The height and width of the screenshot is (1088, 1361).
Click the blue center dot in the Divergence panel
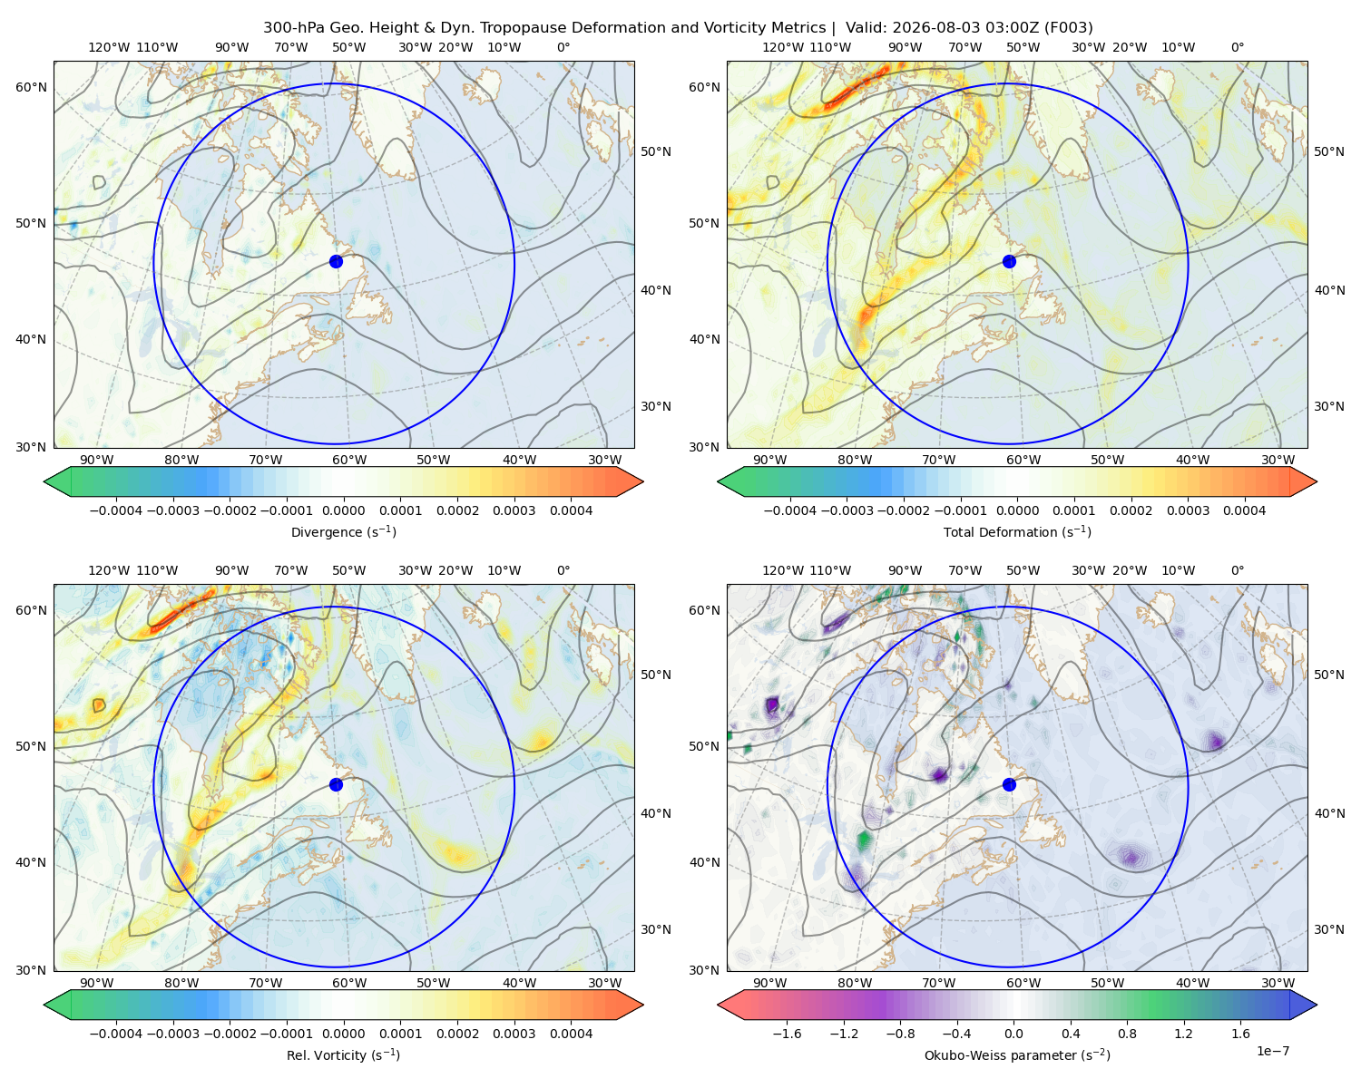336,262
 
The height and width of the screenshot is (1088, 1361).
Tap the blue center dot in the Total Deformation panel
1009,262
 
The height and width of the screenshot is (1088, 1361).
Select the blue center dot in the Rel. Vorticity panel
336,784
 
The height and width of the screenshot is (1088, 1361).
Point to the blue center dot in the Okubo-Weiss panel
1009,784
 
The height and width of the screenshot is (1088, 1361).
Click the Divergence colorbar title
343,532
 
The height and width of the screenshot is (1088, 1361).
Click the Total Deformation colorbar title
1017,532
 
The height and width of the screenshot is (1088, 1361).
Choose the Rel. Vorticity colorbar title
343,1055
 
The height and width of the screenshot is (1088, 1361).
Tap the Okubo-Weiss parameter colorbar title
1017,1055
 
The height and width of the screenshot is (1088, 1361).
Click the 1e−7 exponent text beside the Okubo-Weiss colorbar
1272,1052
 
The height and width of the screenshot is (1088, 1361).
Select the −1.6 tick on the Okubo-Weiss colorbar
787,1034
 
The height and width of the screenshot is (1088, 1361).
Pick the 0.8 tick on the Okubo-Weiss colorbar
1127,1034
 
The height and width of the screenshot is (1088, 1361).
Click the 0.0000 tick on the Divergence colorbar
343,510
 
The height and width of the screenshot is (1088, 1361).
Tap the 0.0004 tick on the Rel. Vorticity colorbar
571,1034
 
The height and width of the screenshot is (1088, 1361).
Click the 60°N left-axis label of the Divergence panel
31,87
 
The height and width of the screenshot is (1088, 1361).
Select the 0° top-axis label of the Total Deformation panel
1237,47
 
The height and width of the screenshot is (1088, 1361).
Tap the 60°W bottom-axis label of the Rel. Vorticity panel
349,983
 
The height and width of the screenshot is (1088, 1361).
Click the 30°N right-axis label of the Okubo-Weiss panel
1329,929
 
